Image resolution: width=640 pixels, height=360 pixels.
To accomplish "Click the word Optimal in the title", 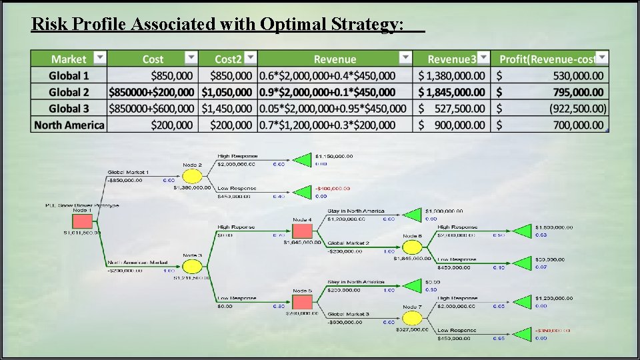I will click(x=291, y=25).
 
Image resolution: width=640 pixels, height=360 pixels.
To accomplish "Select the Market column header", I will click(x=69, y=59).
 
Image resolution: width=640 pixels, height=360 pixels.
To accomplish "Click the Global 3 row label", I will click(x=69, y=109).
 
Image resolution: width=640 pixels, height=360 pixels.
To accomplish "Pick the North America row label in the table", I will click(x=69, y=125).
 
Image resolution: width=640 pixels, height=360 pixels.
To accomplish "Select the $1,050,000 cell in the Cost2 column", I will click(x=227, y=92).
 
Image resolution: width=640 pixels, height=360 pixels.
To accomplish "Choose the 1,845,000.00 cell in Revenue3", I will click(x=452, y=92).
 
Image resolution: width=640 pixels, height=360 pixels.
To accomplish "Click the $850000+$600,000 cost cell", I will click(x=151, y=109).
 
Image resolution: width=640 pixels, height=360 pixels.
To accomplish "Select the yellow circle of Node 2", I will click(x=192, y=176).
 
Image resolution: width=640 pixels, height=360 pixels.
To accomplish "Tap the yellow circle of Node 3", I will click(x=192, y=266).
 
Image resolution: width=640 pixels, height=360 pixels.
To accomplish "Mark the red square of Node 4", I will click(x=302, y=230).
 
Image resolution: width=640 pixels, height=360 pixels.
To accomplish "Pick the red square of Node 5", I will click(x=302, y=302).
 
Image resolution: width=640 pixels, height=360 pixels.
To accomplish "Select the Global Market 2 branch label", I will click(x=348, y=243).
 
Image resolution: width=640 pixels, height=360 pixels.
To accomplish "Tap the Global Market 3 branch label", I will click(x=348, y=313).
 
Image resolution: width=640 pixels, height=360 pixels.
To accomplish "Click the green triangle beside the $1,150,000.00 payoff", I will click(x=303, y=159).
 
